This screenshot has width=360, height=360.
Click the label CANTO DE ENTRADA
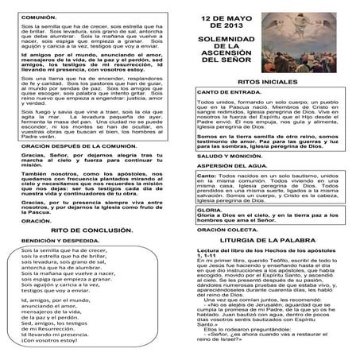[229, 115]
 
